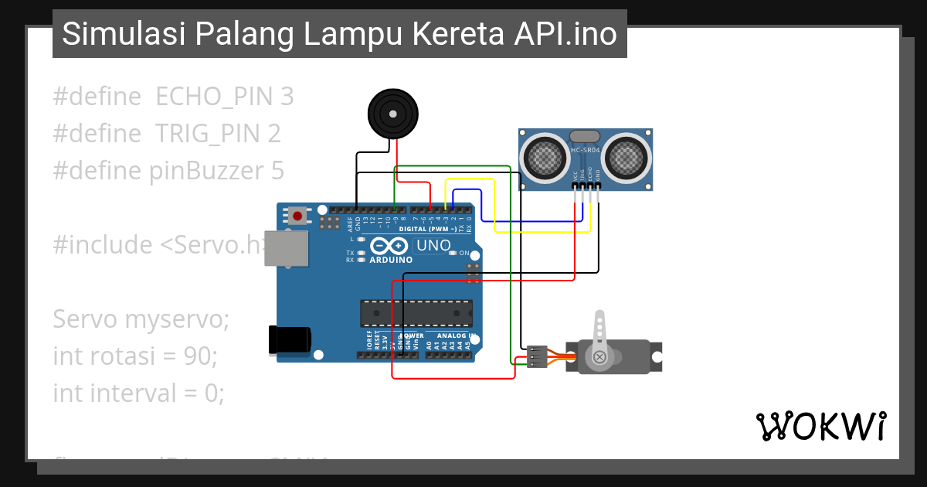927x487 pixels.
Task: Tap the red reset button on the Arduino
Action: click(x=297, y=215)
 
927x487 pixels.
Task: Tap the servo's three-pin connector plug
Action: click(x=537, y=356)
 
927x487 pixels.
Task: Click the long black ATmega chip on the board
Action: click(x=416, y=312)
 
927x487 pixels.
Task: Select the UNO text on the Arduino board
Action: click(x=433, y=246)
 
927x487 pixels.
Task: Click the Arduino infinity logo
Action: click(x=389, y=247)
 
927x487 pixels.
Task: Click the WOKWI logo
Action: click(x=820, y=427)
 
